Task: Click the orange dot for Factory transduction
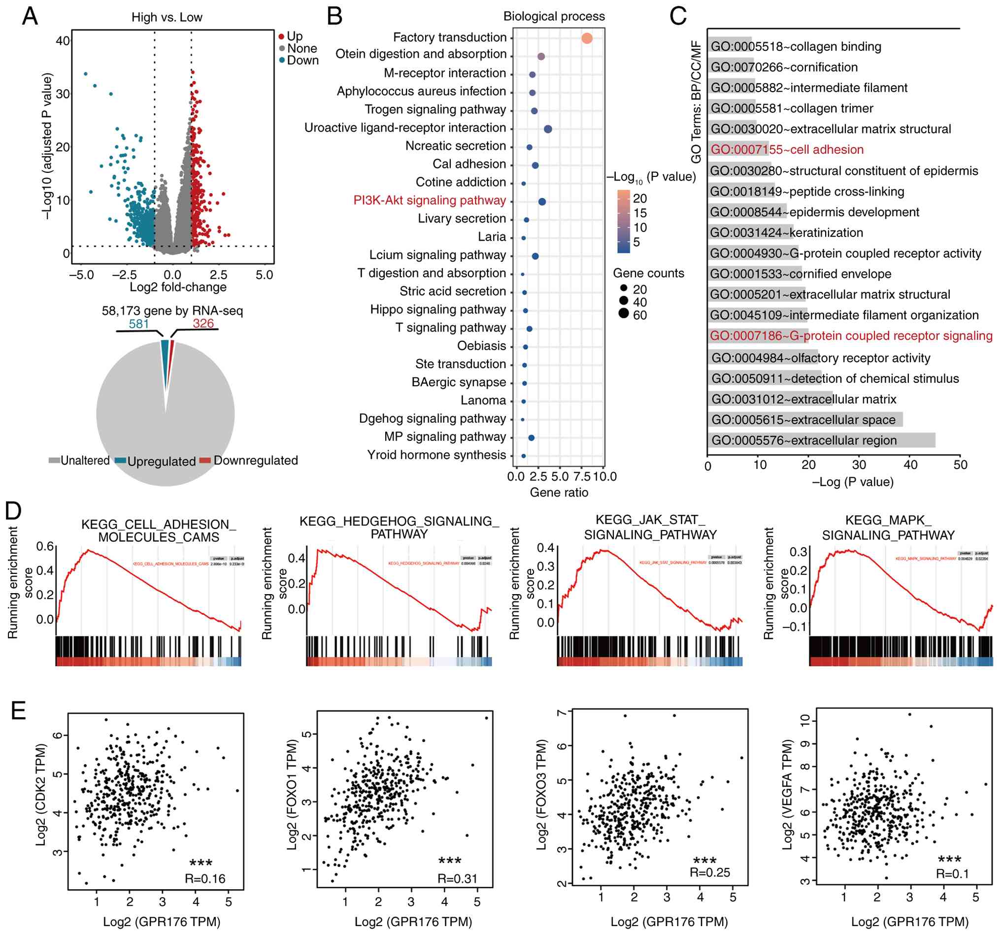(587, 38)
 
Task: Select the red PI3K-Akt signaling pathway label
(430, 200)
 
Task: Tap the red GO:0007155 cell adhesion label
(787, 150)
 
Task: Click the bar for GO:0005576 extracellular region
(821, 440)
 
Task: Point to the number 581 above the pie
(138, 324)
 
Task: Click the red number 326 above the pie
(203, 323)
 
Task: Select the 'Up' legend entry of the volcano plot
(294, 36)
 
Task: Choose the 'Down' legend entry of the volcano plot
(302, 61)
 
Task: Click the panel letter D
(14, 511)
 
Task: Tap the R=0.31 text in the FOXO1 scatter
(457, 879)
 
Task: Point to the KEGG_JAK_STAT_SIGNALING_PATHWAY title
(650, 527)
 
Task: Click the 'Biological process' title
(554, 16)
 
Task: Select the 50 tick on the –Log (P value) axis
(960, 465)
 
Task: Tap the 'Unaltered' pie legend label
(85, 461)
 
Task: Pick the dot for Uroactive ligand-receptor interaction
(548, 130)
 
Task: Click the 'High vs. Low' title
(167, 17)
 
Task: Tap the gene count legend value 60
(640, 315)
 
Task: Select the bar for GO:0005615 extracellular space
(804, 420)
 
